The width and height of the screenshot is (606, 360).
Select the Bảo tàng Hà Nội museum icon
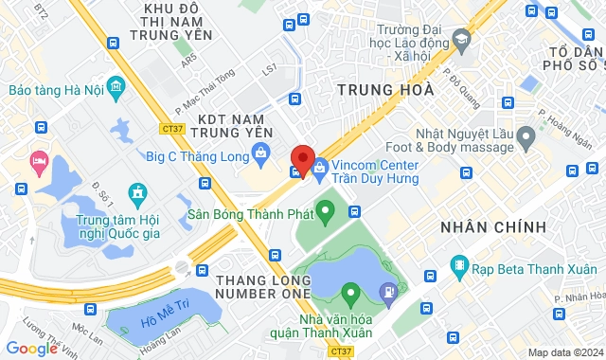click(117, 89)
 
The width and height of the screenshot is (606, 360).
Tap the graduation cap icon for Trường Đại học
click(461, 40)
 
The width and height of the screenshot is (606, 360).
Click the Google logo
click(31, 349)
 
